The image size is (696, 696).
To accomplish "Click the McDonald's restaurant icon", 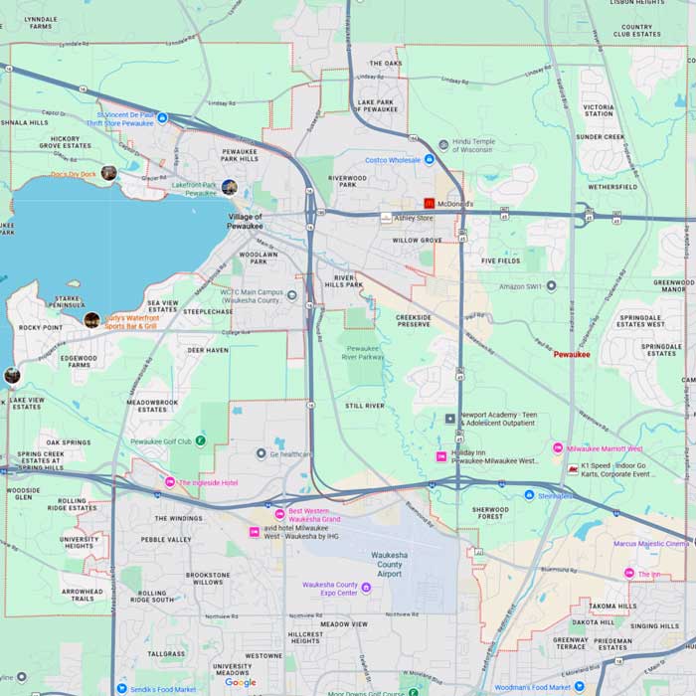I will click(430, 203).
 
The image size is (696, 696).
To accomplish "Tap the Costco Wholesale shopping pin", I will click(430, 159).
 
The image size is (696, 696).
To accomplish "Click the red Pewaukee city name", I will click(572, 354).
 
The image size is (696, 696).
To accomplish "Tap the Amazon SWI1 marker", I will click(552, 286).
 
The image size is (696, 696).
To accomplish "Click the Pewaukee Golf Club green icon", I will click(201, 439).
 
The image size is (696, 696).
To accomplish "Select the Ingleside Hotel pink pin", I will click(170, 482).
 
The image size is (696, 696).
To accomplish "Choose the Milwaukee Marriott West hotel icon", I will click(558, 448).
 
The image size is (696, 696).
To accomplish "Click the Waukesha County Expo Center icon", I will click(366, 588).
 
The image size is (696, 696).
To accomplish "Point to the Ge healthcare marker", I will click(261, 453).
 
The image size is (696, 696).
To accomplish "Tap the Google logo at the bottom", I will click(240, 682).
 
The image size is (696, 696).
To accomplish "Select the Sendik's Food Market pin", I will click(121, 688).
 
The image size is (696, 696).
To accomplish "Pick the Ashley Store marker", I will click(386, 217).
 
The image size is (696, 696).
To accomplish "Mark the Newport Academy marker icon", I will click(449, 419).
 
